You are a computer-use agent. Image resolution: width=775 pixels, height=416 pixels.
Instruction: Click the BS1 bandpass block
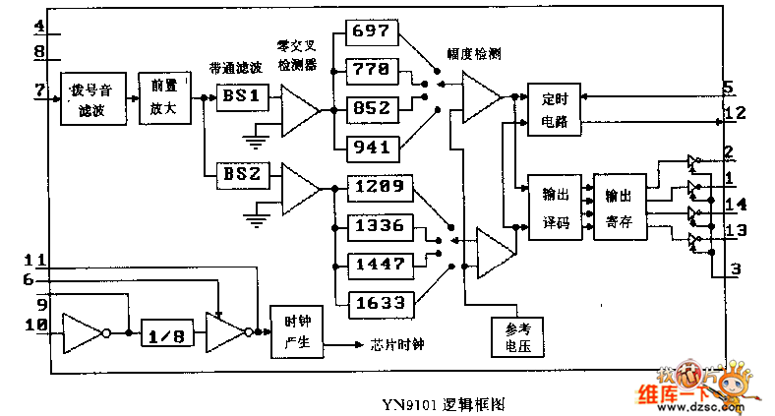241,97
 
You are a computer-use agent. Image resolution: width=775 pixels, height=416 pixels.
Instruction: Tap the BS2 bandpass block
241,174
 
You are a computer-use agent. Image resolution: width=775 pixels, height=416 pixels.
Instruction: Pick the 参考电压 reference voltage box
516,336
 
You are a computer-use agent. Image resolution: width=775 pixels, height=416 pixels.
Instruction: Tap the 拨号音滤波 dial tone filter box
93,100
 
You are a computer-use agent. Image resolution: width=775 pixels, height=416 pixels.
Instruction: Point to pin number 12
735,113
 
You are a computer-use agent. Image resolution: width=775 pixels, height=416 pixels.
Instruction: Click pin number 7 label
39,91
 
